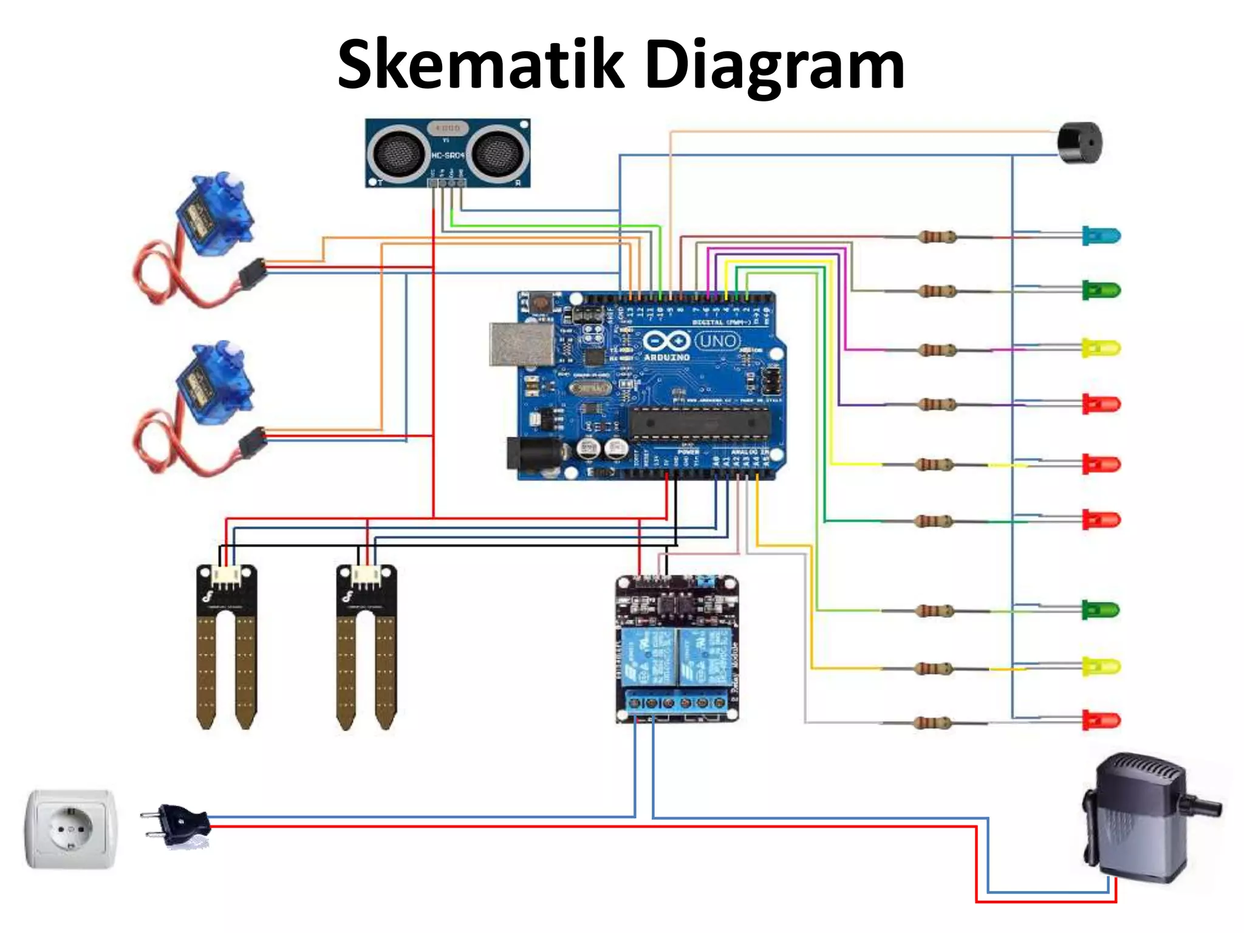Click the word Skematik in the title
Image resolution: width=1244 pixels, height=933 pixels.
(x=480, y=64)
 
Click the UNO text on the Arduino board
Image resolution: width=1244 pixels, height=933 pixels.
(x=717, y=341)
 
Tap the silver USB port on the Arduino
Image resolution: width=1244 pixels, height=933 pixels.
(x=522, y=344)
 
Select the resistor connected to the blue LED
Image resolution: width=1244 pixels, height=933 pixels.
(x=937, y=236)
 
